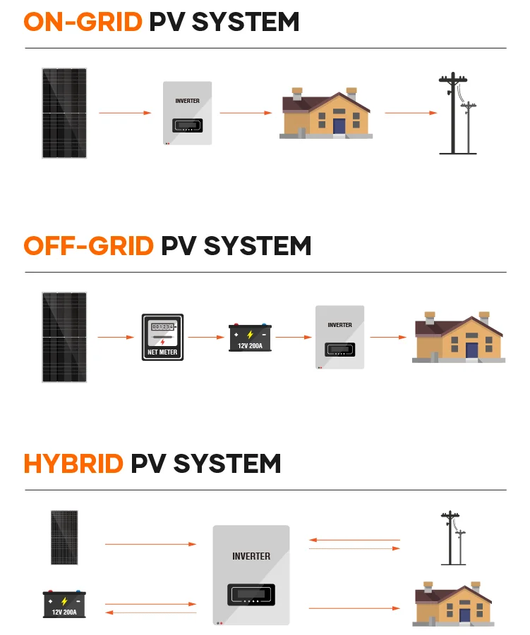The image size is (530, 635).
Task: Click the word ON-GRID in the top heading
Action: [83, 22]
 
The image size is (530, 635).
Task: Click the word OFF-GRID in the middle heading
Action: [88, 246]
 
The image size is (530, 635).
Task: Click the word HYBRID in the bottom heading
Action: [73, 464]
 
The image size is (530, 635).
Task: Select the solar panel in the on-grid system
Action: [64, 113]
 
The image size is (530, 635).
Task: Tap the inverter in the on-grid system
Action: [188, 113]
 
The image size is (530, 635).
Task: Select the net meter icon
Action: [162, 337]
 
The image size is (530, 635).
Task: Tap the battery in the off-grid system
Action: [250, 338]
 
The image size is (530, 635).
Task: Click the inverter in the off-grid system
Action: [339, 337]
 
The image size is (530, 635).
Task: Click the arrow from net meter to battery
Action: [205, 337]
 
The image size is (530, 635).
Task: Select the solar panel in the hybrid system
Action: [64, 538]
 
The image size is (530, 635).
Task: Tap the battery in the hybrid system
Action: [64, 604]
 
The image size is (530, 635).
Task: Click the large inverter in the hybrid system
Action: [251, 575]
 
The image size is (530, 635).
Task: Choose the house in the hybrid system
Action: [453, 604]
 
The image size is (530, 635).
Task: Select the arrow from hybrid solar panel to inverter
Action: [150, 544]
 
